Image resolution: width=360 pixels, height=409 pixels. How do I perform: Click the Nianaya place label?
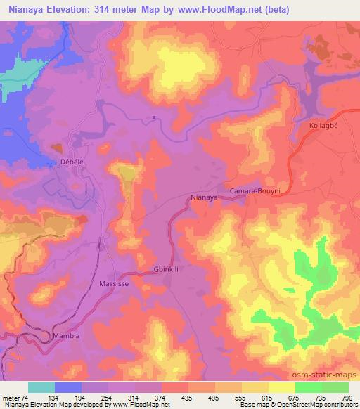[x=203, y=198]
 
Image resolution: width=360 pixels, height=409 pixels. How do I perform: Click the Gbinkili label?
[x=167, y=268]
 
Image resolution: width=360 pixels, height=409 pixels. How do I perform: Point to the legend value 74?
[x=27, y=397]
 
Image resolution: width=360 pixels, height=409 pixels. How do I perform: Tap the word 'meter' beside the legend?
[x=11, y=397]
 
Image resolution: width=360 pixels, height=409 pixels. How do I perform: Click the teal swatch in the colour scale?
[x=41, y=387]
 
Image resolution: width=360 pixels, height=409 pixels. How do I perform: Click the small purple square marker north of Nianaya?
[x=153, y=117]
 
